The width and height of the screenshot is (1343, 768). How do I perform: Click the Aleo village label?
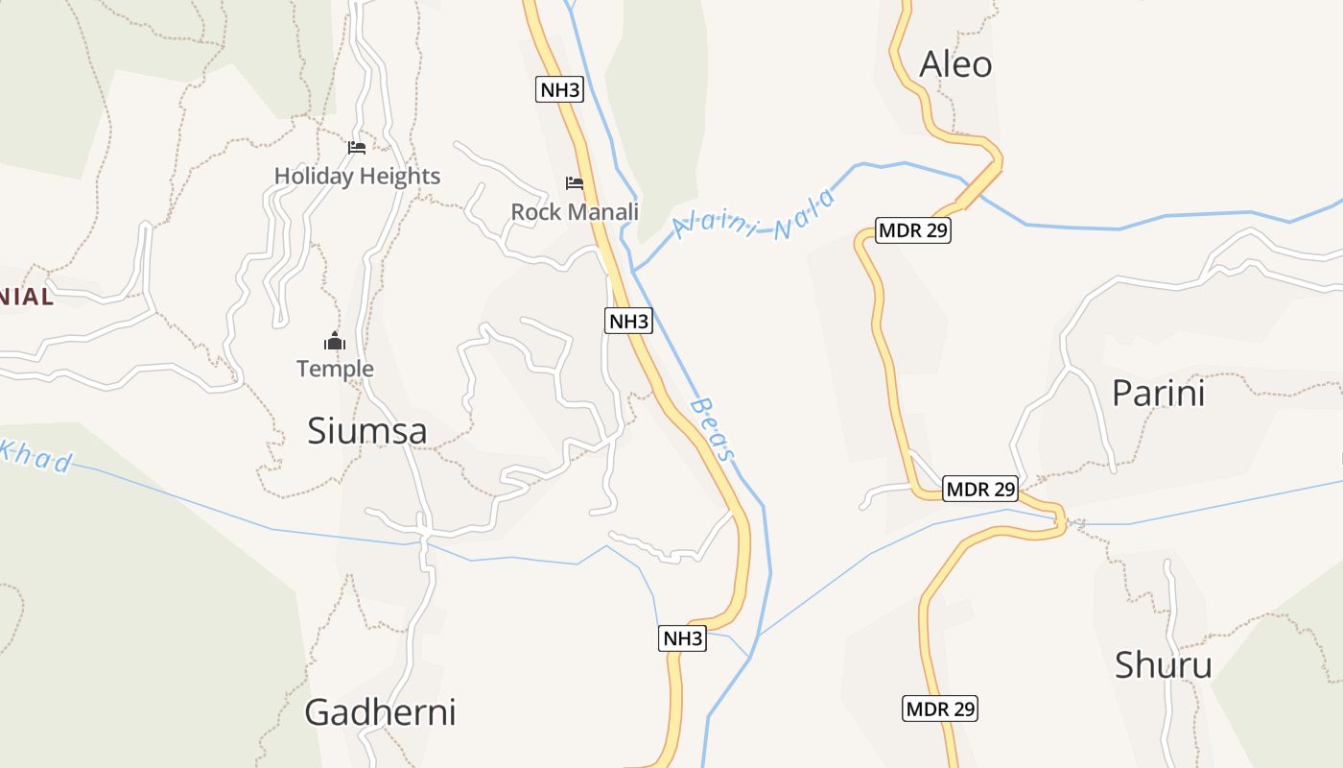point(955,64)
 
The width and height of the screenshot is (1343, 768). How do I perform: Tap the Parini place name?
point(1158,394)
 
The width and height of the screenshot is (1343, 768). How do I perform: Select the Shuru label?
point(1163,665)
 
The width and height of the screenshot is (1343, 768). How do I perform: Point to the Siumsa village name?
point(366,431)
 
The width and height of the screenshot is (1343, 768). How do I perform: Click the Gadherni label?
point(380,712)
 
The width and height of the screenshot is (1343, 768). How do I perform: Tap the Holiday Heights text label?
point(357,176)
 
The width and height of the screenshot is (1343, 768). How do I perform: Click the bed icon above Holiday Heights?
point(357,147)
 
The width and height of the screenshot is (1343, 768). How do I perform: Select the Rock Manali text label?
point(575,211)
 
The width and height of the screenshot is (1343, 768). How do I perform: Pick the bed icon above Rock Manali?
point(575,182)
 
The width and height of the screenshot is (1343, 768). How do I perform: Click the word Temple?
point(335,369)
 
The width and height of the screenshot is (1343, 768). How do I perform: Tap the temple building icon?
point(334,341)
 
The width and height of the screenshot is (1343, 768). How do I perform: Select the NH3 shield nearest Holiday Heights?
point(559,90)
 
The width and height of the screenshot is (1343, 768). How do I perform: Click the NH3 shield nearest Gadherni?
point(682,638)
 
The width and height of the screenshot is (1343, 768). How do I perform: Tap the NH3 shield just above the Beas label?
point(628,321)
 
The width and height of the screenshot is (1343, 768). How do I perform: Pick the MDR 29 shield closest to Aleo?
point(913,230)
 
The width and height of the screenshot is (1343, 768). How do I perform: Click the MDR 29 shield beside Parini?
point(979,489)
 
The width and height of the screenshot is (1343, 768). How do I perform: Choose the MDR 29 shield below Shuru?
point(940,709)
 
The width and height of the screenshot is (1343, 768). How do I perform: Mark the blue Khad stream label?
point(36,458)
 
